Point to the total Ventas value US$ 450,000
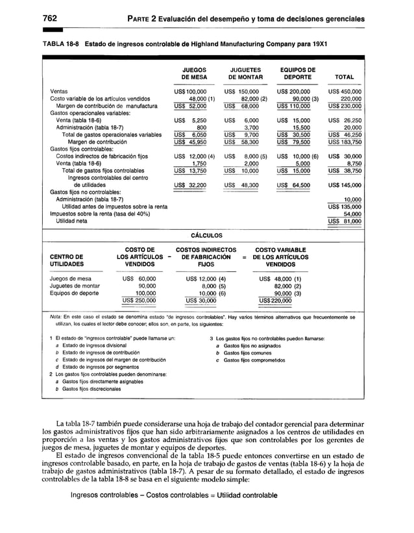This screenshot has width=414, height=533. pyautogui.click(x=344, y=92)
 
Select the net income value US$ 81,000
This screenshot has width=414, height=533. pyautogui.click(x=344, y=221)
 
